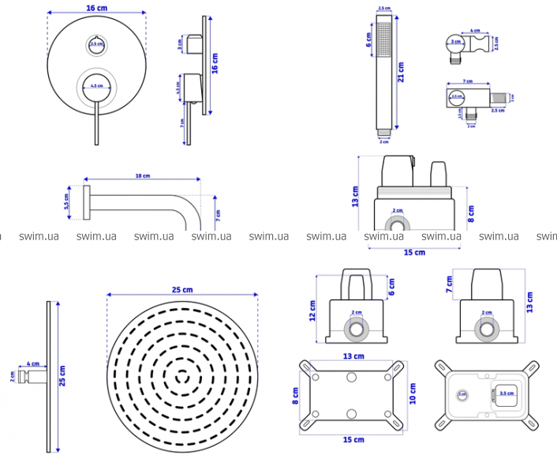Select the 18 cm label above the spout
click(x=142, y=175)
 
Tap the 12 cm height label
click(x=312, y=310)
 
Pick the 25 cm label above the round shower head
click(x=182, y=290)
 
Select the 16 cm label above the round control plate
click(x=97, y=7)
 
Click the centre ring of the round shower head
click(x=182, y=374)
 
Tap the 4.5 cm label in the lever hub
click(x=96, y=85)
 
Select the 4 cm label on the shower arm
click(x=34, y=364)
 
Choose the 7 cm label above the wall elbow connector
click(x=467, y=81)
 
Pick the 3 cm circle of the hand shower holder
click(x=455, y=40)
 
